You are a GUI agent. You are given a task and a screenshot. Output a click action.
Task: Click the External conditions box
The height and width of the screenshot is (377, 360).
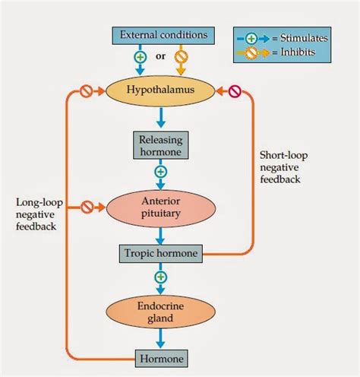(163, 36)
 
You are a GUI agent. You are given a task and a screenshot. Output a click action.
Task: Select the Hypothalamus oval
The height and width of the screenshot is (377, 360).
(160, 90)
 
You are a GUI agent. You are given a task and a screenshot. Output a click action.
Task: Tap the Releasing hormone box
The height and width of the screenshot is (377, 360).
(161, 145)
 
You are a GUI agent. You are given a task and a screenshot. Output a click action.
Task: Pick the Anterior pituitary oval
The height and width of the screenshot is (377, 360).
(161, 208)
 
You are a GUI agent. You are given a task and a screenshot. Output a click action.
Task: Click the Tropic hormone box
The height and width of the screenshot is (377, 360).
(161, 253)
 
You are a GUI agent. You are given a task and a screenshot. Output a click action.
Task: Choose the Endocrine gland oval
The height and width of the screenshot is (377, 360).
(160, 312)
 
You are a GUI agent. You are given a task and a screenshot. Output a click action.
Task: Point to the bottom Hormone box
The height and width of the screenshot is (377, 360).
(162, 359)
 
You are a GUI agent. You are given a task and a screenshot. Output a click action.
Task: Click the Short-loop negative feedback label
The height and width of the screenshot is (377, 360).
(283, 167)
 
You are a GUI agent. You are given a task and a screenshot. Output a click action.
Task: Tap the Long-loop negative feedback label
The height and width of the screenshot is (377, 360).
(39, 214)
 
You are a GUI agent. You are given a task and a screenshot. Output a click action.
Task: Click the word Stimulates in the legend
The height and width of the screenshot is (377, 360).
(304, 38)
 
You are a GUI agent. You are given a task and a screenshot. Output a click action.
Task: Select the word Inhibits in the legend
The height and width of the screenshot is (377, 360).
(298, 52)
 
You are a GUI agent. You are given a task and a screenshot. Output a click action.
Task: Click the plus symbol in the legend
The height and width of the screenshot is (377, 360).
(251, 39)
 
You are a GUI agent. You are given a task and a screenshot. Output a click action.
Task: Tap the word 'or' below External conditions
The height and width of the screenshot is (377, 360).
(160, 56)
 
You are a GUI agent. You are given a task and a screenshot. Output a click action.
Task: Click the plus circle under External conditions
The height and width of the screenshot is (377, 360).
(140, 57)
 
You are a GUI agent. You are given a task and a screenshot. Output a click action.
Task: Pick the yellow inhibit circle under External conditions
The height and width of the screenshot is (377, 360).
(181, 57)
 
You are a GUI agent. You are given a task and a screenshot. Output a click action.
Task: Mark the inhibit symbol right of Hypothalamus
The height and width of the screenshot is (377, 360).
(235, 91)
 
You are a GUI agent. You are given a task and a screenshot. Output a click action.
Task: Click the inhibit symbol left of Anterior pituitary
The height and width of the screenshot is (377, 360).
(87, 208)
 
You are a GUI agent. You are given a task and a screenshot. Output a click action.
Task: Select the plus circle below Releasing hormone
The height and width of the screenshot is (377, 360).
(160, 172)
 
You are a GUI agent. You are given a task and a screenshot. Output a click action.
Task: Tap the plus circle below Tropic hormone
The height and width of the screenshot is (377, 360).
(160, 277)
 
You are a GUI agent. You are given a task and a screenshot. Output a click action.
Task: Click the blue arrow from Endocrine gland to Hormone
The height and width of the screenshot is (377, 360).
(160, 338)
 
